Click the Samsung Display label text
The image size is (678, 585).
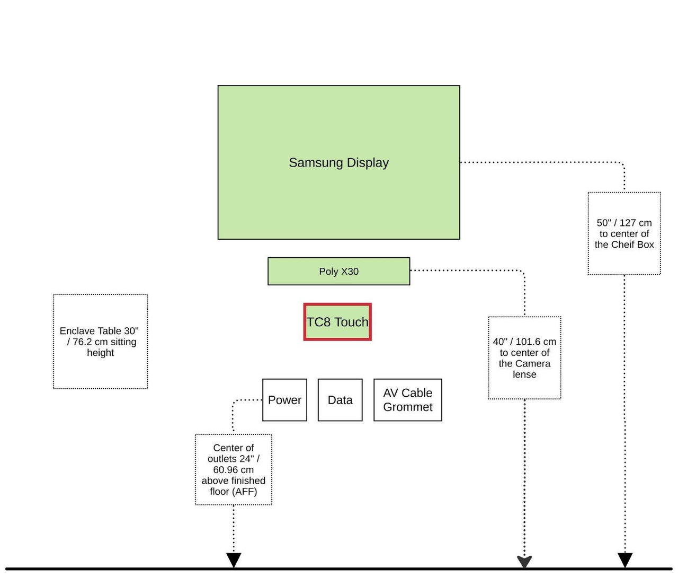(x=338, y=163)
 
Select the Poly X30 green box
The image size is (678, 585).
(x=338, y=272)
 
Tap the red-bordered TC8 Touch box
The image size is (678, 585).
(x=337, y=322)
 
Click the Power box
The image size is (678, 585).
(x=284, y=400)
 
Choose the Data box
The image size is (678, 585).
(x=340, y=400)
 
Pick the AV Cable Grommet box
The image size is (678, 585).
(x=407, y=400)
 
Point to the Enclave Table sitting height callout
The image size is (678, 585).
(x=100, y=342)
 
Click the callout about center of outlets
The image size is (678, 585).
(x=233, y=469)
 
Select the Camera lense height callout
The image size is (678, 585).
(x=524, y=358)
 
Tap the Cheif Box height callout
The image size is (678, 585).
(x=624, y=233)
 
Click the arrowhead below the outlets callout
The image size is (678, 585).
(x=234, y=560)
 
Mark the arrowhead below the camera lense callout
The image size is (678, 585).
(x=524, y=561)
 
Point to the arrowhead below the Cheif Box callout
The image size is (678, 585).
(x=625, y=560)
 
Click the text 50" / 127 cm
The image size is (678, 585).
(x=624, y=223)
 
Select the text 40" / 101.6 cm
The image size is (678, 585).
(x=524, y=342)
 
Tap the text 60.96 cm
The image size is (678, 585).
(x=233, y=470)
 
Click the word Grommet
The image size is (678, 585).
(x=407, y=407)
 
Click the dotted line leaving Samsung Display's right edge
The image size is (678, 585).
(x=540, y=162)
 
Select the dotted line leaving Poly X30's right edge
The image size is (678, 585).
(x=466, y=270)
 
